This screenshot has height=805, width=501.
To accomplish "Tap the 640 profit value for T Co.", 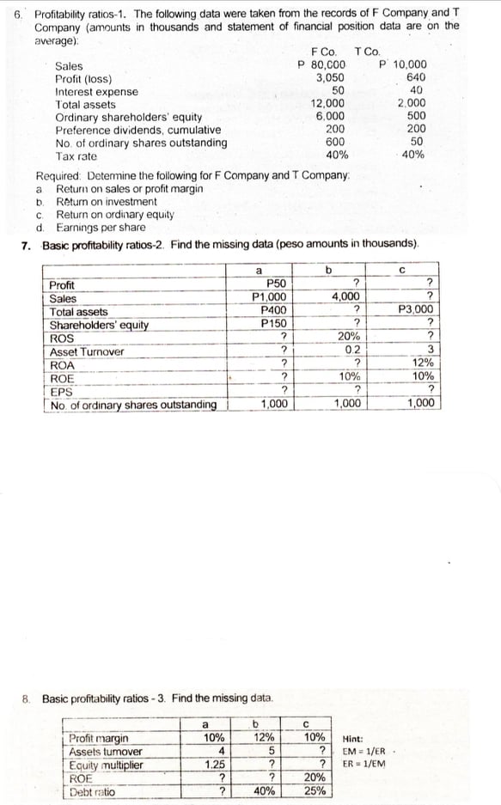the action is pos(416,77).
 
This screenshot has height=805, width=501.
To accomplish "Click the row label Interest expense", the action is pos(95,91).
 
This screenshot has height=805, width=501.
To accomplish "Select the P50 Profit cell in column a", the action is pos(277,284).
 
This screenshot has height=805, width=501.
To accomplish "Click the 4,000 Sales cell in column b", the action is pos(345,297).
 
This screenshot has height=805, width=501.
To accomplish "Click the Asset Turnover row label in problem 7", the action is pos(87,351).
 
